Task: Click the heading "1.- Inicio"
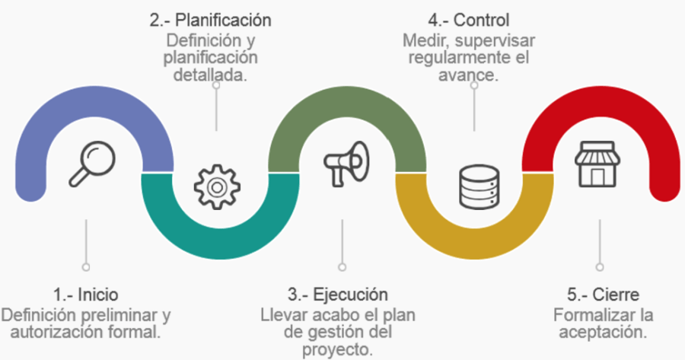pos(86,295)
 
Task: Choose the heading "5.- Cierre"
pos(598,295)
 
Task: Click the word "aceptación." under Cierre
pos(603,332)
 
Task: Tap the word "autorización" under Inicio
pos(49,332)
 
